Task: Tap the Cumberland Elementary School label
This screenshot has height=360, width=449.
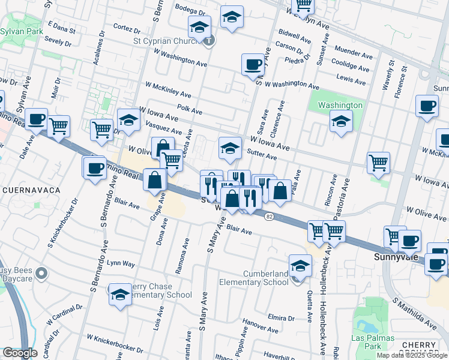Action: (266, 278)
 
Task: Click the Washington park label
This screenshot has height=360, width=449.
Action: (340, 105)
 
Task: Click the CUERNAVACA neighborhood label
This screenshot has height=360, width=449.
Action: (32, 190)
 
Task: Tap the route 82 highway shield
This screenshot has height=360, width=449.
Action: (270, 217)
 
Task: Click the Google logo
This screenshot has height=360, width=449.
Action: (20, 353)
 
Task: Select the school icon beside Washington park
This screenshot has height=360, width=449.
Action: (341, 122)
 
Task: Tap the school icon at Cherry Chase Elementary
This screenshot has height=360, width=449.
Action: (120, 294)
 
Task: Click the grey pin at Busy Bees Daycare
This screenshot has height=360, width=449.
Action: (41, 274)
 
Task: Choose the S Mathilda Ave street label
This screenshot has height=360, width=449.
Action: (415, 314)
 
